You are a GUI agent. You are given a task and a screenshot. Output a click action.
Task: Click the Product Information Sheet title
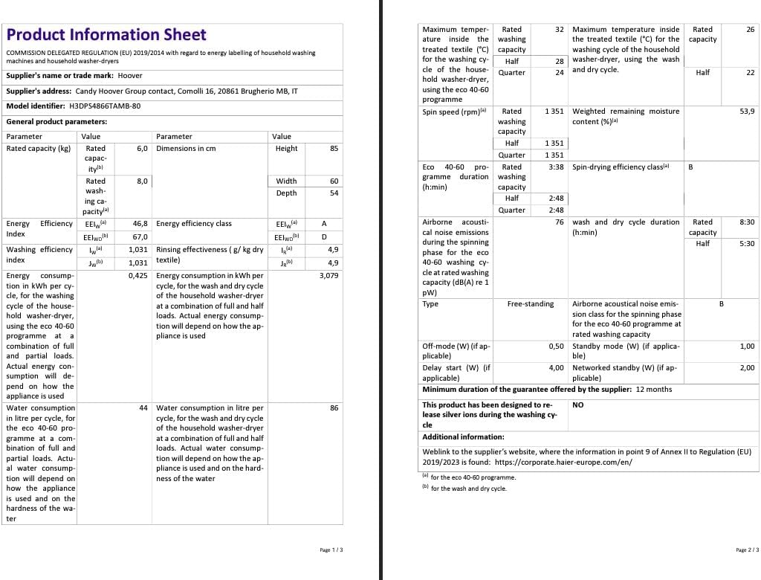(x=106, y=35)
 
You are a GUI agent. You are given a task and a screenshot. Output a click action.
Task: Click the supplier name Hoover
(x=130, y=76)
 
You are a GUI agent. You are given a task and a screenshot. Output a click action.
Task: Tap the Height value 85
(x=334, y=149)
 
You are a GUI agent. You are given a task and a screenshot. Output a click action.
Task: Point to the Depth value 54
(x=334, y=193)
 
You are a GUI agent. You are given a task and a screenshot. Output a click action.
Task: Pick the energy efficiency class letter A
(x=324, y=224)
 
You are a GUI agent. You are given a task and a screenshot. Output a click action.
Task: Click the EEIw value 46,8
(x=140, y=224)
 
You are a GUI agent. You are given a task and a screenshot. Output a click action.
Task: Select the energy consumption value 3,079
(x=328, y=276)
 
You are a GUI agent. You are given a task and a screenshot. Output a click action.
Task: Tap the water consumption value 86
(x=334, y=408)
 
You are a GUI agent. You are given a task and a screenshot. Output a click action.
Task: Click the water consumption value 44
(x=143, y=408)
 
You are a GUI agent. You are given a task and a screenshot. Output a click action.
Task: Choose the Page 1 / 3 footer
(x=331, y=550)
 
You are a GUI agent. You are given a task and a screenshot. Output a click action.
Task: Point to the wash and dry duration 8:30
(x=747, y=222)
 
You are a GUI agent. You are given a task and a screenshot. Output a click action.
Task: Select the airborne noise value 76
(x=560, y=222)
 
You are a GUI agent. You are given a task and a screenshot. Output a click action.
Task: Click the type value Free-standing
(x=531, y=304)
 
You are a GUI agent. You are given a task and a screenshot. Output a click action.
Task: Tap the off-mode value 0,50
(x=556, y=347)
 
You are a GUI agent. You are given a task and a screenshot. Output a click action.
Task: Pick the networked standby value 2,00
(x=747, y=368)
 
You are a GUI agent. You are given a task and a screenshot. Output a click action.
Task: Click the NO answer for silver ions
(x=578, y=405)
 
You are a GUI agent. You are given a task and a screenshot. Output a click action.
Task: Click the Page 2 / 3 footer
(x=747, y=550)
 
